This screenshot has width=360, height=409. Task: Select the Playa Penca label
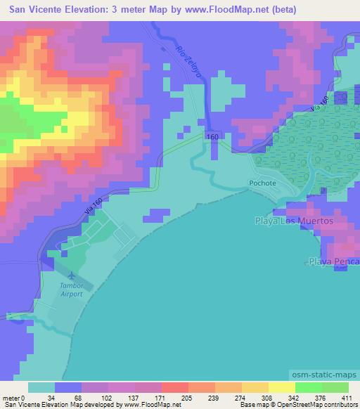(x=333, y=262)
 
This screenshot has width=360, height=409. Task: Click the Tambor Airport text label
(x=70, y=290)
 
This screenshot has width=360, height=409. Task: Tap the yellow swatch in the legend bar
(x=281, y=387)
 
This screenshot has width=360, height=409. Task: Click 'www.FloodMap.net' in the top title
(x=232, y=10)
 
